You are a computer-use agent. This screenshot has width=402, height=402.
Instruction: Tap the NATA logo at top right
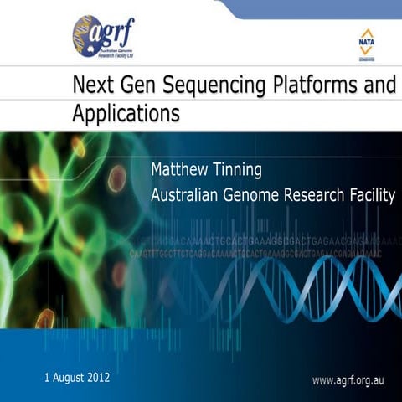[x=366, y=45]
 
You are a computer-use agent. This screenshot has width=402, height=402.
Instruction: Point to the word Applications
[x=125, y=113]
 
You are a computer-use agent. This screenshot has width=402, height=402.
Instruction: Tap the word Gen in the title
[x=137, y=85]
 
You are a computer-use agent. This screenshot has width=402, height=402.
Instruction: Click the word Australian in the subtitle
[x=187, y=196]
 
